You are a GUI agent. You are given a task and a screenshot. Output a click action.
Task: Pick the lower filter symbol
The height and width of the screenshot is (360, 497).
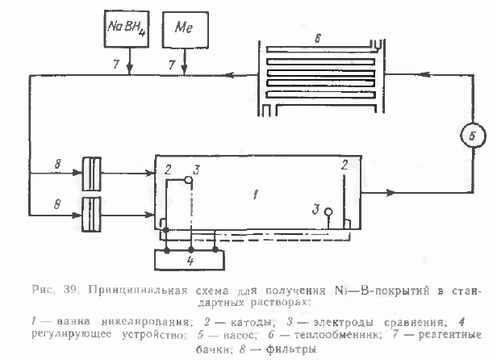pos(91,214)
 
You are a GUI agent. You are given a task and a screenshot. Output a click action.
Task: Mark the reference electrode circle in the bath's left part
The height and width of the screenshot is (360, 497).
pos(188,178)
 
